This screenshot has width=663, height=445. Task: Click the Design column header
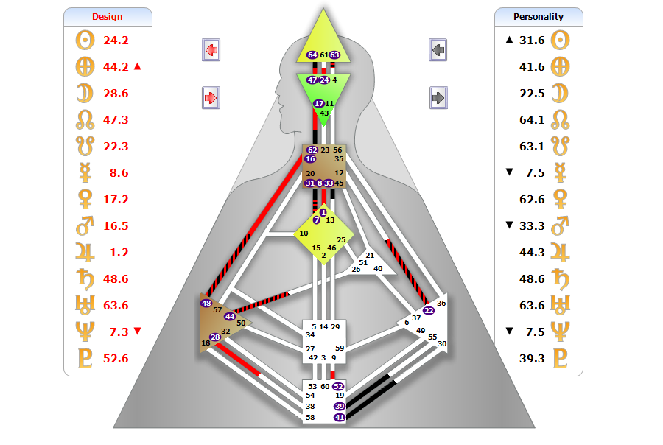coord(108,16)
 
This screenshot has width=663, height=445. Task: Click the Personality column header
coord(539,16)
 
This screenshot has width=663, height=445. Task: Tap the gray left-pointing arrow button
coord(438,50)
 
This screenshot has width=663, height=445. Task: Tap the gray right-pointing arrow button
coord(438,97)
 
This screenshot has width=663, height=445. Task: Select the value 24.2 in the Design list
coord(116,41)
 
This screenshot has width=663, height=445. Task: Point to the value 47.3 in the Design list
coord(116,120)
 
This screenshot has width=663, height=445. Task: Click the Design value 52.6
coord(116,359)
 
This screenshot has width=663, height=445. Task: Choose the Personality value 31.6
coord(532,41)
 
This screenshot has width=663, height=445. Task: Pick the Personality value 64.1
coord(532,120)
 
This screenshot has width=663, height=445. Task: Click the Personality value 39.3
coord(532,359)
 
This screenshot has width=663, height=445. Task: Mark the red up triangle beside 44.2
coord(137,67)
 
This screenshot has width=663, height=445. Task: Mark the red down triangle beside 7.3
coord(137,332)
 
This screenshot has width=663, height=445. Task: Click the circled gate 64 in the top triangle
coord(312,55)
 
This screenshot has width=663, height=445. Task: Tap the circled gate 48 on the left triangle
coord(206,303)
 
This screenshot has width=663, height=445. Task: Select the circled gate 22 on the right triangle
coord(429,310)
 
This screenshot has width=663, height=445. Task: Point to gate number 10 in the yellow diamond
coord(304,233)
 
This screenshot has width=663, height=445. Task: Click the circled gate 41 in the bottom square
coord(339,418)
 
